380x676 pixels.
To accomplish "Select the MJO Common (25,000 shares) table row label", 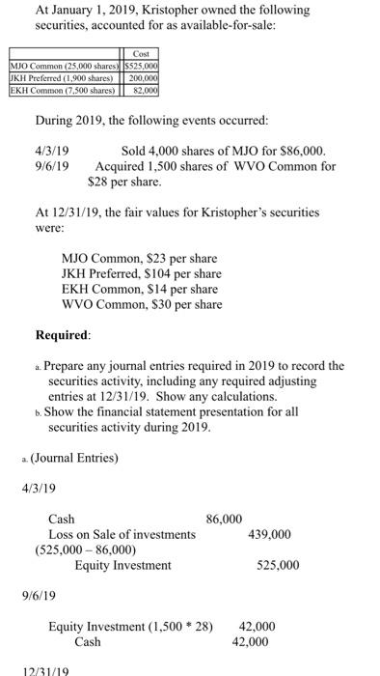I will click(x=65, y=66).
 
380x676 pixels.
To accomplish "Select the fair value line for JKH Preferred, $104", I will click(x=141, y=274).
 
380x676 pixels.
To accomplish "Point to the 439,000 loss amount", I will click(x=270, y=534).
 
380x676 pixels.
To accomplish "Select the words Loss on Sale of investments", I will click(x=122, y=534).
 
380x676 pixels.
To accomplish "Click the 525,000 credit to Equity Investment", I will click(x=278, y=564).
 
